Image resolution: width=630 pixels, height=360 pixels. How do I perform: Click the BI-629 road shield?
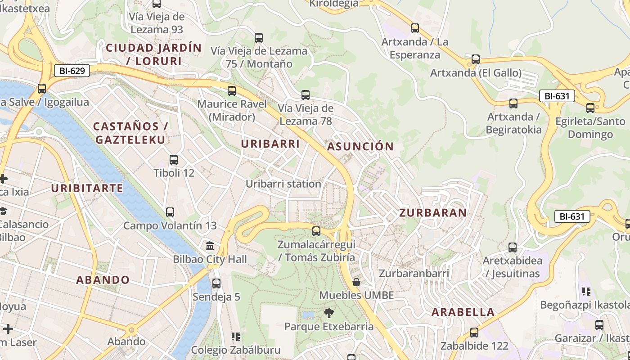72,70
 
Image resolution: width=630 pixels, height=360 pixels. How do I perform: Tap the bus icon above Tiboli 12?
174,160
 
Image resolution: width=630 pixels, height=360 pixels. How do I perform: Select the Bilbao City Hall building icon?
210,246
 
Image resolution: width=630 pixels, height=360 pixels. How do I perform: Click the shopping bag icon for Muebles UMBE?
356,282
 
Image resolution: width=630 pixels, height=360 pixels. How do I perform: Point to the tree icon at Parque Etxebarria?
329,313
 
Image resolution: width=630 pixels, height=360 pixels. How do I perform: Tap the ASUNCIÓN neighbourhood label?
360,147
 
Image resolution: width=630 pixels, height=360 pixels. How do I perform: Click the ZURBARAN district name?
432,213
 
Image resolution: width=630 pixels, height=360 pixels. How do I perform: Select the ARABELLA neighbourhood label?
463,312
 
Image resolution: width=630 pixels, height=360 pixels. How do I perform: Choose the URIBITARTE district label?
87,188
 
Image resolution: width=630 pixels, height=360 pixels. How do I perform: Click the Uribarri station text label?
283,184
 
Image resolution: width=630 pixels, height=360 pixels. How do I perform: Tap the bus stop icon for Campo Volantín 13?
170,212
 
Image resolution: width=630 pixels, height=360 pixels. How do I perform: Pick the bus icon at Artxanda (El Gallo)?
476,59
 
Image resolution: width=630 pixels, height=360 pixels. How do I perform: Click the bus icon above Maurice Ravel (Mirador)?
232,91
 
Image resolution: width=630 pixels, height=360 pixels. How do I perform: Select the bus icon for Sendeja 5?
216,283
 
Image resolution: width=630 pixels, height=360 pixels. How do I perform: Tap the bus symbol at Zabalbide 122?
474,333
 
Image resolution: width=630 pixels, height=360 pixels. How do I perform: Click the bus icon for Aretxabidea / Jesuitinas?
513,247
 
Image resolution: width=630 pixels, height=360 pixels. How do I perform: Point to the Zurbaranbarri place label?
414,274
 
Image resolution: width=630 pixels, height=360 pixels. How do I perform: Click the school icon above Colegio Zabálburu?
235,337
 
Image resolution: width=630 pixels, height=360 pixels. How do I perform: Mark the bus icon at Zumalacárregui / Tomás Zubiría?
316,231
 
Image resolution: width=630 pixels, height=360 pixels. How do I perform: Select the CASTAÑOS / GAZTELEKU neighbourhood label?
130,133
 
